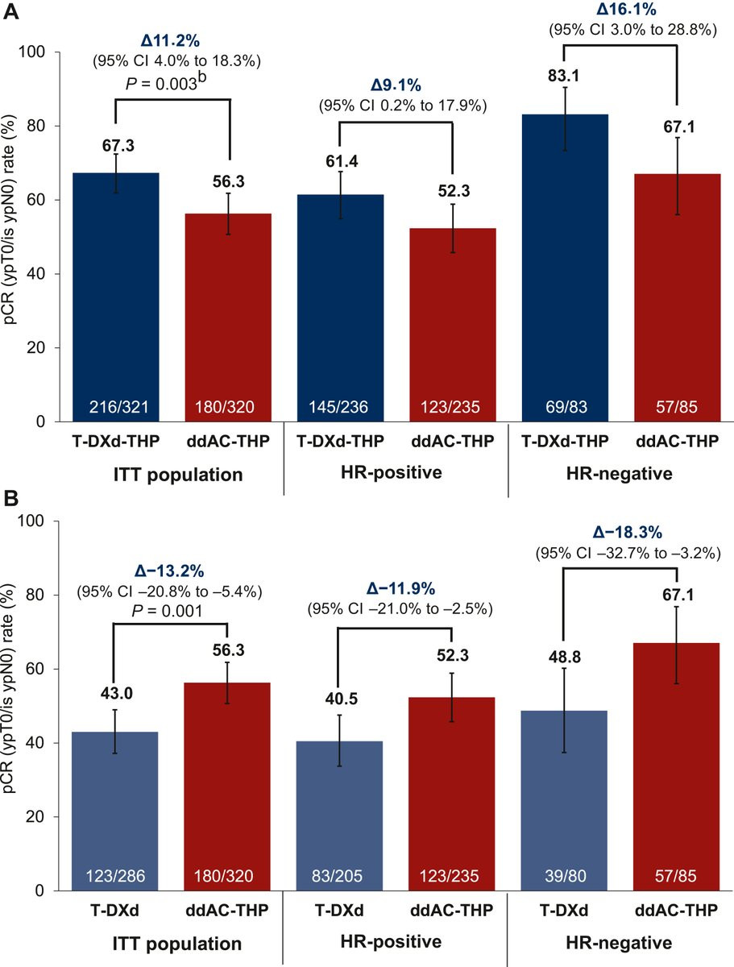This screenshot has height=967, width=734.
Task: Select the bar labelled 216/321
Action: [x=114, y=297]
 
